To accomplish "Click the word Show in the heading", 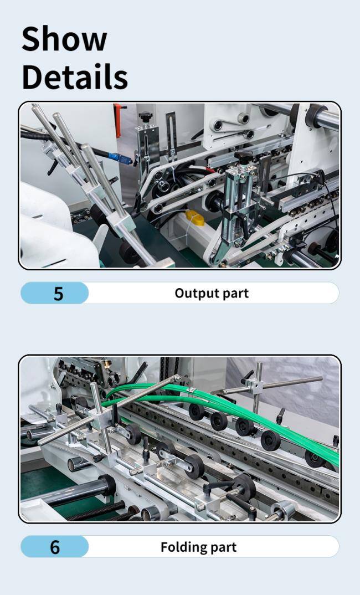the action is pyautogui.click(x=64, y=39).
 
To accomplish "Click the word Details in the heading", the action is pyautogui.click(x=75, y=76).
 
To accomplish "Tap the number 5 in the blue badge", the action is pyautogui.click(x=58, y=293).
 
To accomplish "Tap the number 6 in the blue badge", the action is pyautogui.click(x=55, y=547).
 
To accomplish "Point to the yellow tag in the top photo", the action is pyautogui.click(x=195, y=218).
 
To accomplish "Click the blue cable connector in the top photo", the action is pyautogui.click(x=120, y=158).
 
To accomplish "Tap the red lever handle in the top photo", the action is pyautogui.click(x=119, y=120).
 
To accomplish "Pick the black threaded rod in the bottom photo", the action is pyautogui.click(x=97, y=511).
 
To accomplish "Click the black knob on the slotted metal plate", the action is pyautogui.click(x=145, y=117).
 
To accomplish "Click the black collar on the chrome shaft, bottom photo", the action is pyautogui.click(x=107, y=485).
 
